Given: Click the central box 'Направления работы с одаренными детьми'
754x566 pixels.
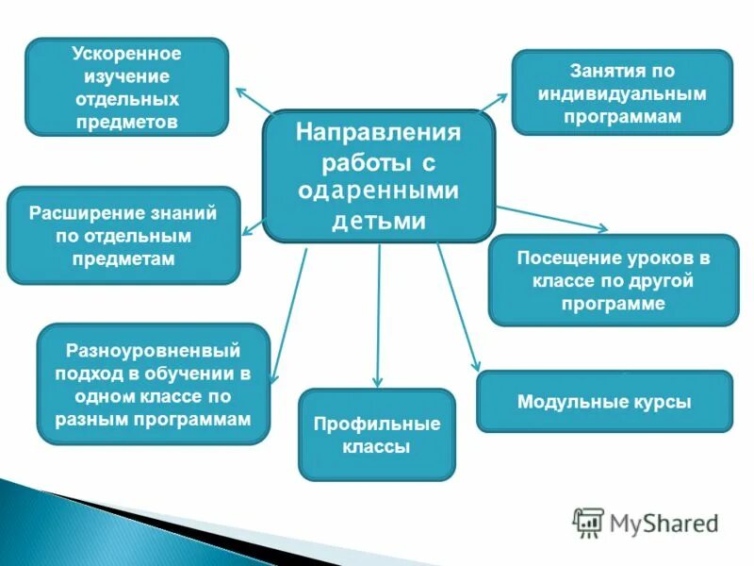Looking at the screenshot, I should click(379, 176).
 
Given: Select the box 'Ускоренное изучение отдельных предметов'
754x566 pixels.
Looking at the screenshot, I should click(126, 87).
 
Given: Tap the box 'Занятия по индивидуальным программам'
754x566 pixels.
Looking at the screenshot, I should click(621, 92).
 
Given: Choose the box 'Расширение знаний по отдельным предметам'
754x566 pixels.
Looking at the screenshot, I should click(123, 236).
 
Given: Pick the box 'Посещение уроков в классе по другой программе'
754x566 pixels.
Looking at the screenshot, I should click(613, 280).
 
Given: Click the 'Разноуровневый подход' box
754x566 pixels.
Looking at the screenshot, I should click(153, 384).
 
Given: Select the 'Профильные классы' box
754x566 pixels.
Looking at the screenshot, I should click(376, 435).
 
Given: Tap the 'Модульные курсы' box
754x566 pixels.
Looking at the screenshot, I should click(604, 402).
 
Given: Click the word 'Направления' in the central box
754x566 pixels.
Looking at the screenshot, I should click(378, 132).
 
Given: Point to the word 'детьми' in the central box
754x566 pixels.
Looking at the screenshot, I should click(378, 221).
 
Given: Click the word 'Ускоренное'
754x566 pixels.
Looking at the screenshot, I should click(126, 53).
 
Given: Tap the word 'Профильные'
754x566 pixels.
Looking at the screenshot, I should click(376, 424).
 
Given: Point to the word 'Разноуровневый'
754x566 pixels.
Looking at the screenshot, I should click(153, 351).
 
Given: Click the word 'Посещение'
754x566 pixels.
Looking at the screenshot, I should click(562, 258).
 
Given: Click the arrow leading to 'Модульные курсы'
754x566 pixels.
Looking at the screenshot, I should click(458, 307).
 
